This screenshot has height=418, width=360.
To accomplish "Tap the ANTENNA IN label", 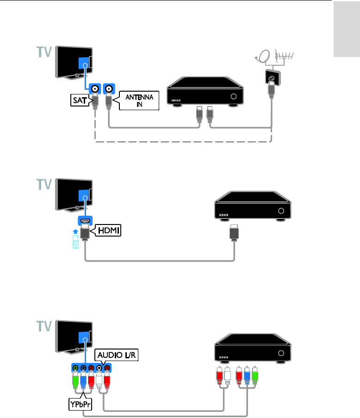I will click(x=139, y=100).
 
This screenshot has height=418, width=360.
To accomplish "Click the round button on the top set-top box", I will click(x=234, y=97).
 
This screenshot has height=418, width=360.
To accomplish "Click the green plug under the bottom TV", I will click(x=75, y=382).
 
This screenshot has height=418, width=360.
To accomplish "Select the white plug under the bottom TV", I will click(x=99, y=382).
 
